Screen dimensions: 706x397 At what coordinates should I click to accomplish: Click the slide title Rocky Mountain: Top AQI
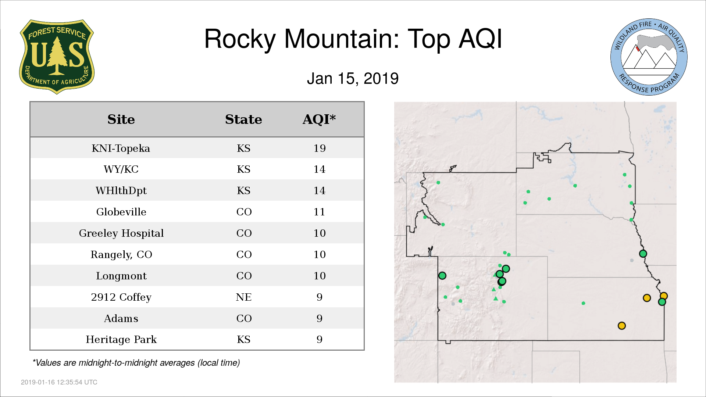click(353, 39)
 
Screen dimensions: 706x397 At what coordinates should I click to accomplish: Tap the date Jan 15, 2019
click(353, 79)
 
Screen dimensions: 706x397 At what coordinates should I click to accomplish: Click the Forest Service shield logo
click(57, 57)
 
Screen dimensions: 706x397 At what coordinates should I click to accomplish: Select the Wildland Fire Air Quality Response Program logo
click(649, 57)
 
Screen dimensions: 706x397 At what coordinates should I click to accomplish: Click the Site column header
click(121, 119)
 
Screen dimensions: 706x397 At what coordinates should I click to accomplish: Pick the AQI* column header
click(319, 119)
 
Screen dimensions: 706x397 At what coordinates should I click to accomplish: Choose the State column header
click(243, 119)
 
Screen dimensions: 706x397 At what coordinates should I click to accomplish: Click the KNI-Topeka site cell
click(121, 148)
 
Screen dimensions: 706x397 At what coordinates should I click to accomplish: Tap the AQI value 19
click(320, 148)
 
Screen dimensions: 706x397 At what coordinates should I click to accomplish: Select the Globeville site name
click(121, 212)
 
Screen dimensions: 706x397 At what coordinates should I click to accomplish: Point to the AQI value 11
click(319, 212)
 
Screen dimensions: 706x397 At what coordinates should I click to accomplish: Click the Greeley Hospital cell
click(121, 233)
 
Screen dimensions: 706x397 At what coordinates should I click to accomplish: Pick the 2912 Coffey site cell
click(121, 297)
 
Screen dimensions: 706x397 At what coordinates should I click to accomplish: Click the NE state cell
click(244, 297)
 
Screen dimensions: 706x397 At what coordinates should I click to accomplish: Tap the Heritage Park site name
click(121, 339)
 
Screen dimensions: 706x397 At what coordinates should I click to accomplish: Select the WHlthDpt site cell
click(121, 190)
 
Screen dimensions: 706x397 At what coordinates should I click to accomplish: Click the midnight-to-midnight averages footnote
click(136, 363)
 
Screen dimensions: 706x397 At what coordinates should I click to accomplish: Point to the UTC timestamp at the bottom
click(59, 382)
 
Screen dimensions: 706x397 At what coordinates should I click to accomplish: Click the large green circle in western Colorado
click(442, 275)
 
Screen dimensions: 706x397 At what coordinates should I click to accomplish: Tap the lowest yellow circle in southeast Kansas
click(622, 326)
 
